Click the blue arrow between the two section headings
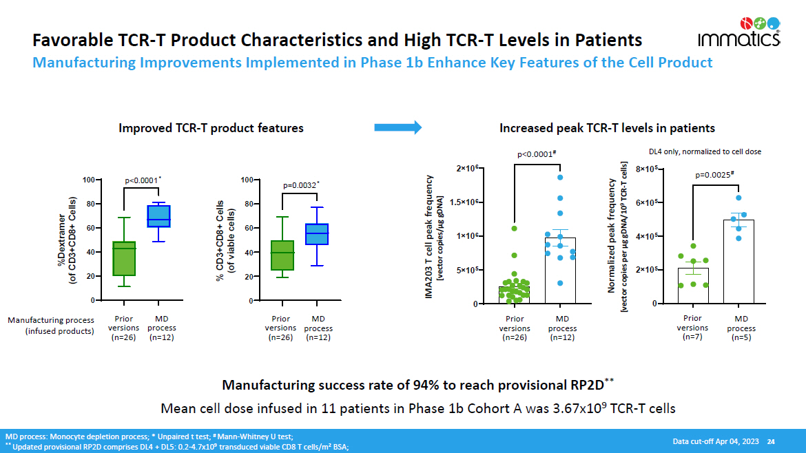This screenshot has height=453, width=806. (397, 127)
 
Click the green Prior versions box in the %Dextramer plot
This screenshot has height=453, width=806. (124, 258)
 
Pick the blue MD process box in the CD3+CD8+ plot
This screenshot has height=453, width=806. (317, 234)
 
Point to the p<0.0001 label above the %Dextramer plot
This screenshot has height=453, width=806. (143, 181)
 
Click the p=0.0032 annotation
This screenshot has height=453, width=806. (301, 185)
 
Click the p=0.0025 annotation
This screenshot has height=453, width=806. (714, 175)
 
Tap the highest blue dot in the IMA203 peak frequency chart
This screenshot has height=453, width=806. (561, 177)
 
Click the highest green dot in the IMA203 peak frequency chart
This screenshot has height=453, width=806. (514, 228)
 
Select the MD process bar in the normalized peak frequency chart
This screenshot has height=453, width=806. (738, 262)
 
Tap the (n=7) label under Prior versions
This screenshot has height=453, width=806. (692, 337)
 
